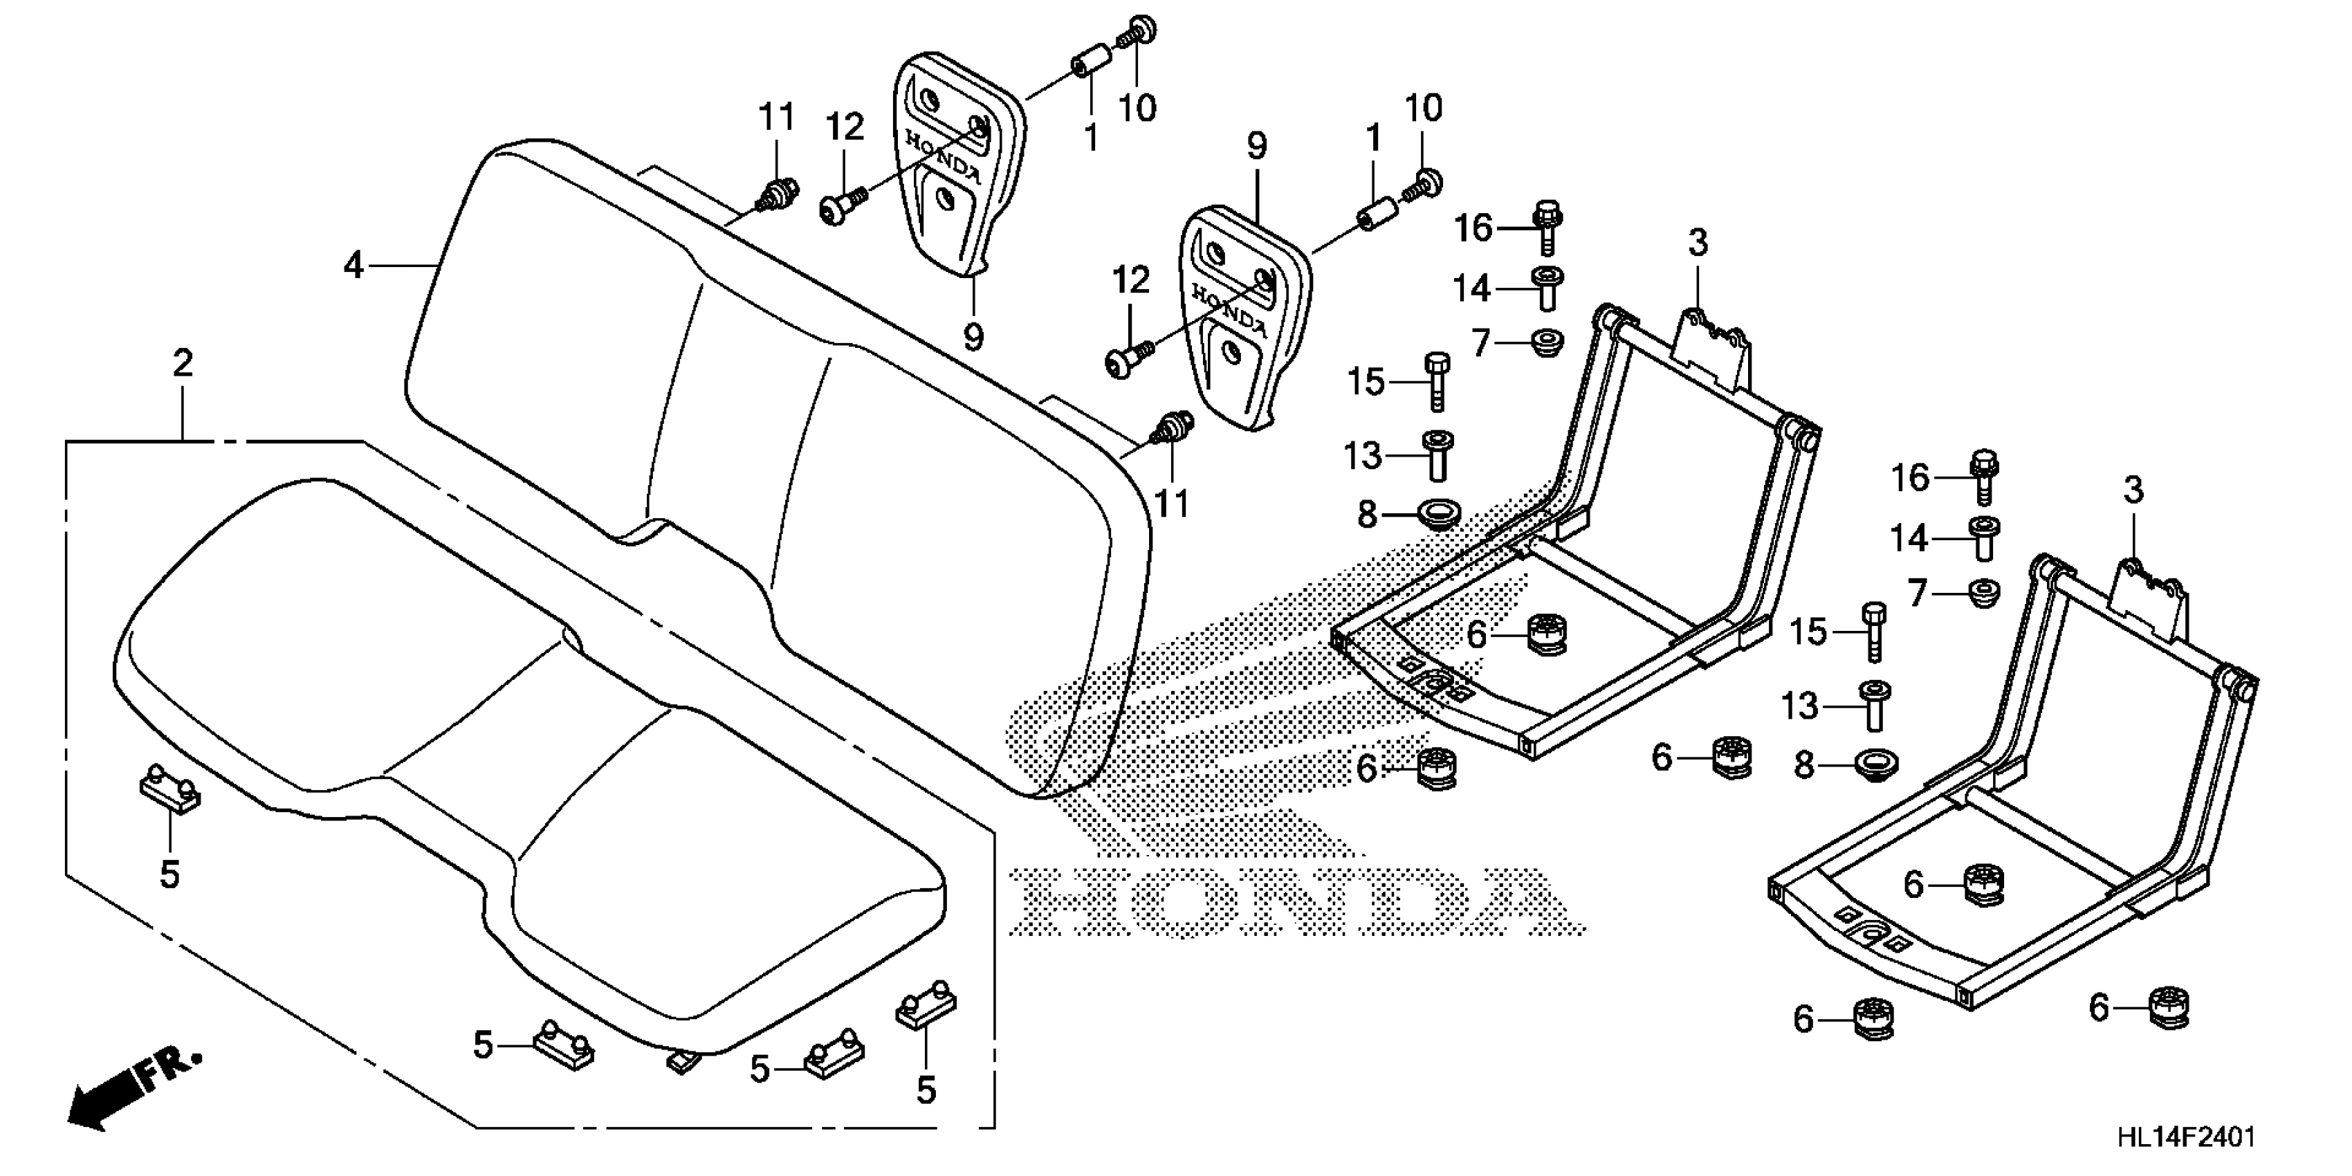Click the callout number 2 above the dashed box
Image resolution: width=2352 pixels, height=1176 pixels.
pos(183,365)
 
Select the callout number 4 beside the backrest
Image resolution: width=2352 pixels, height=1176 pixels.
pos(353,266)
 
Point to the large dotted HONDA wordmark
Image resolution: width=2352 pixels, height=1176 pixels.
pos(1296,901)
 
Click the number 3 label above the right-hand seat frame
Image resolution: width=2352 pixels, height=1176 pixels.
pos(2132,490)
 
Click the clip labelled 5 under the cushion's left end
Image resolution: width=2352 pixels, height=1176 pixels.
pos(169,790)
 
